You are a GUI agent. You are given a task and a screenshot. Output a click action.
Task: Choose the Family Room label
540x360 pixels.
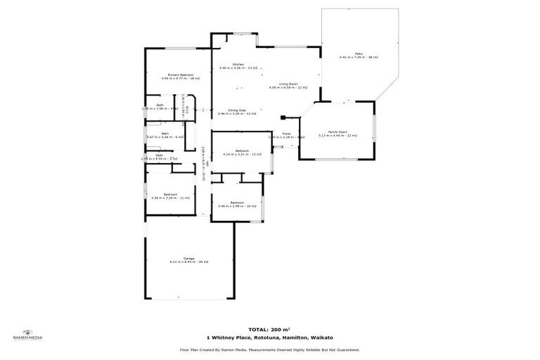point(337,131)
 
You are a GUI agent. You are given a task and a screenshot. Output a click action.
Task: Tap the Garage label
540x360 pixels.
point(188,258)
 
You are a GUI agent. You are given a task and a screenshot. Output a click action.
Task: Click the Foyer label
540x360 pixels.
point(287,133)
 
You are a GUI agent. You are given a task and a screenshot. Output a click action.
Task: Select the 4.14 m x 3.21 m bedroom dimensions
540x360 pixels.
point(242,154)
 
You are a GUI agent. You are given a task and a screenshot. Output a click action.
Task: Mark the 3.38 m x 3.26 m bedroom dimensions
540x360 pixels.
point(170,198)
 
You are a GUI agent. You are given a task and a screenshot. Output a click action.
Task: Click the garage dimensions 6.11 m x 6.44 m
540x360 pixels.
point(188,262)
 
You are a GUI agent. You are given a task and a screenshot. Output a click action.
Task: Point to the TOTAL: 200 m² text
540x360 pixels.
point(269,329)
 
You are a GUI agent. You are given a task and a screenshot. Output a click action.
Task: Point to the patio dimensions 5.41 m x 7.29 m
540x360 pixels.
point(358,57)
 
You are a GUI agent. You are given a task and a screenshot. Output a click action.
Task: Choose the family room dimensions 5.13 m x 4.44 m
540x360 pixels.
point(337,135)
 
